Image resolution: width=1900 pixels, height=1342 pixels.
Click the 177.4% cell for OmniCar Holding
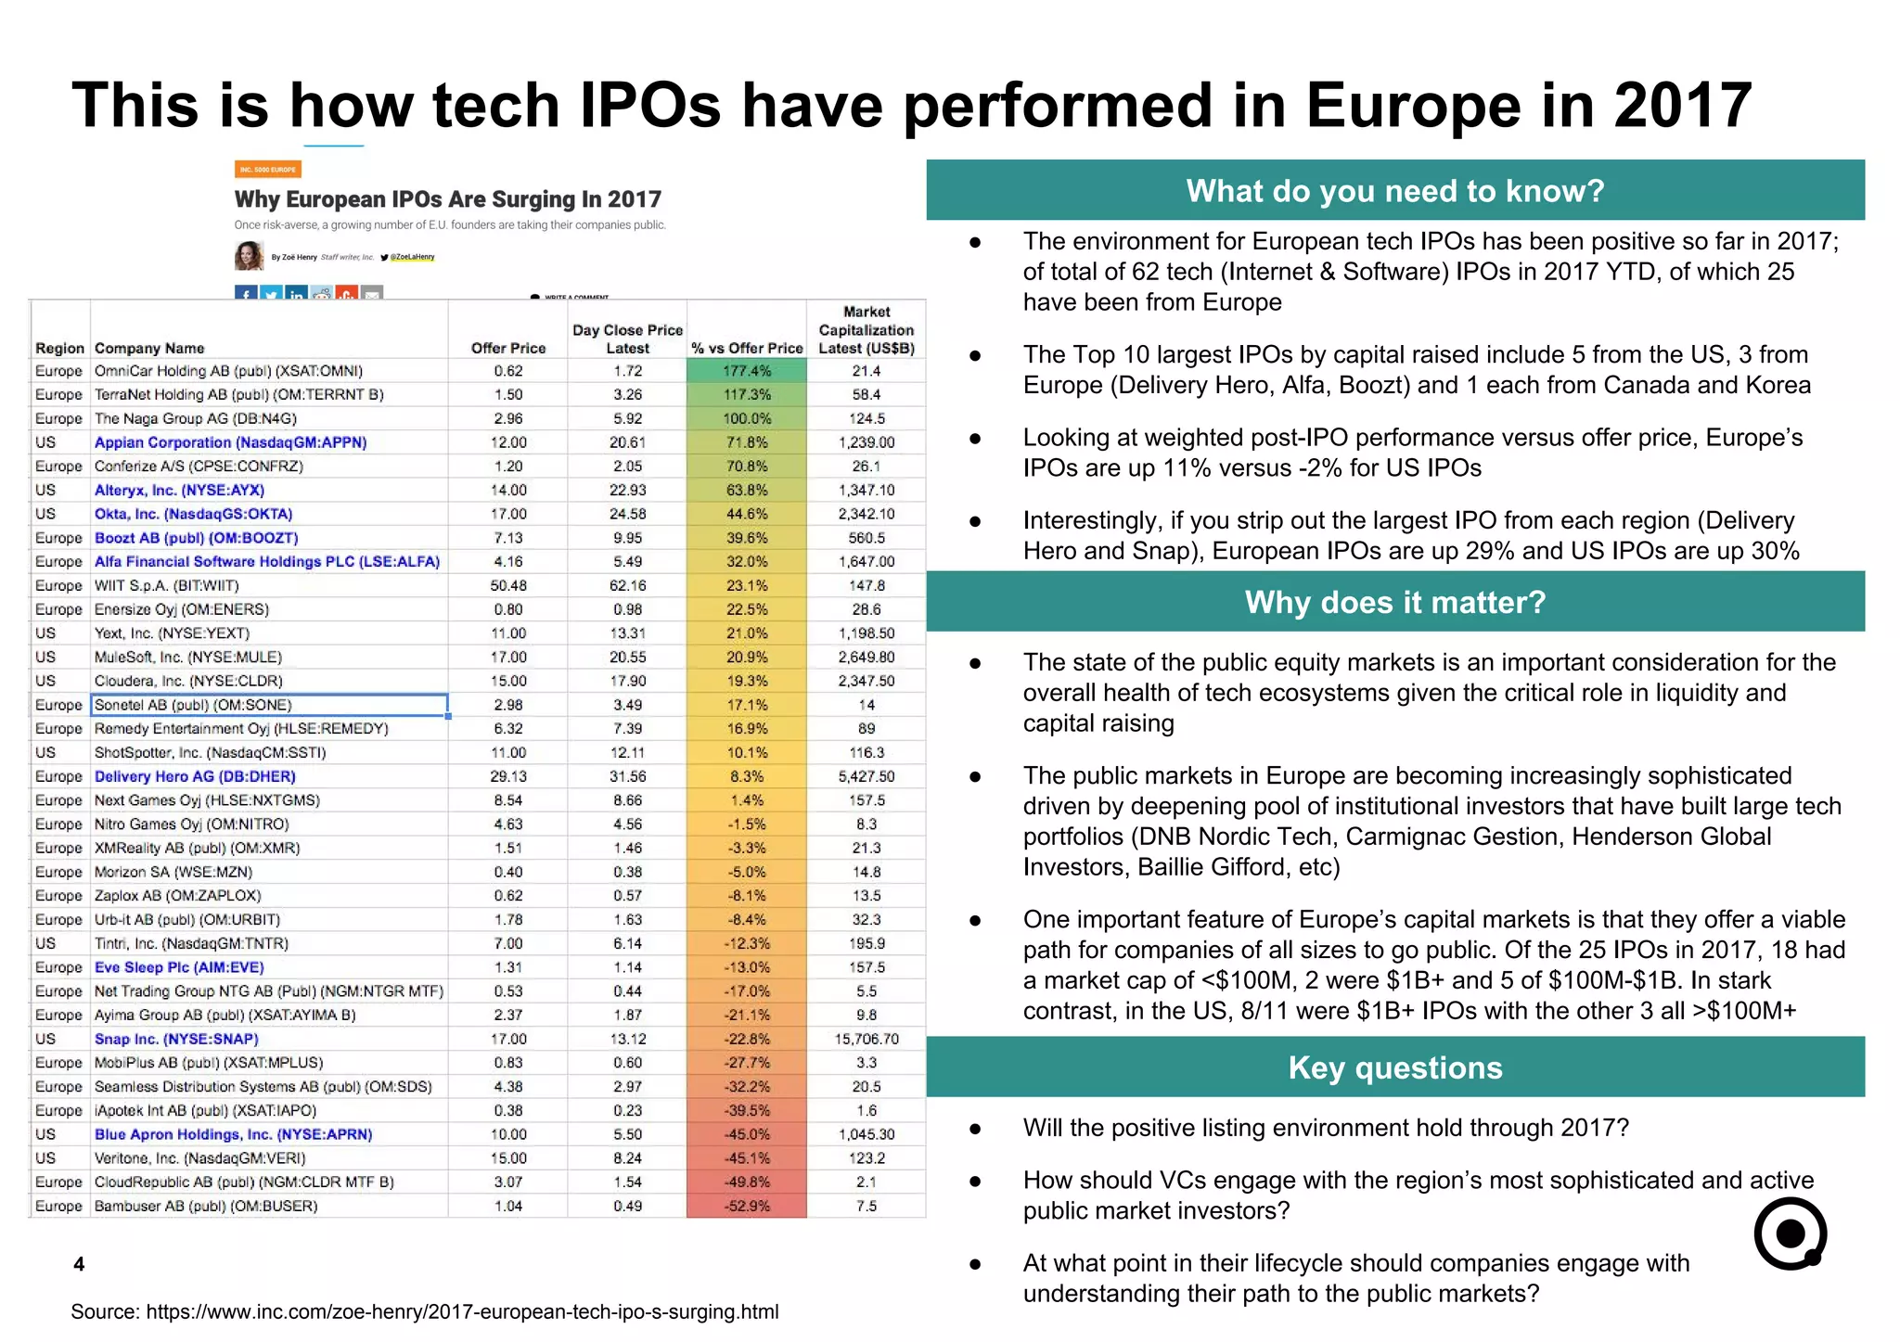coord(747,371)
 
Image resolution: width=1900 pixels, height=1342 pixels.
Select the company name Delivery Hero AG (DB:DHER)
coord(195,776)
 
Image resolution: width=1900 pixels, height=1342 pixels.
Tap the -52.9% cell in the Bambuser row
coord(747,1206)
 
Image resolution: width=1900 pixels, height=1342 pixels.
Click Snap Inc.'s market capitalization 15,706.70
coord(867,1039)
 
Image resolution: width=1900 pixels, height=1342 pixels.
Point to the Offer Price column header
coord(508,348)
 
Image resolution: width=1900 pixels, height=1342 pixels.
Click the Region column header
coord(59,348)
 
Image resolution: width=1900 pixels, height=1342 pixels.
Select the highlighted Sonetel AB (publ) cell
coord(269,705)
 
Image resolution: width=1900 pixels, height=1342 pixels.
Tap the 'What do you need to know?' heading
coord(1394,190)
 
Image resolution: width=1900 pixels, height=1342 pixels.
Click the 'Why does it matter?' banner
coord(1394,602)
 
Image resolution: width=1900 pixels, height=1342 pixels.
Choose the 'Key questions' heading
coord(1394,1067)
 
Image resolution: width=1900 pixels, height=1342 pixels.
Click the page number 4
coord(79,1264)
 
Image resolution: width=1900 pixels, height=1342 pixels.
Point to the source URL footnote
coord(425,1311)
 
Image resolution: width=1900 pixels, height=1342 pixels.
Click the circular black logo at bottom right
coord(1790,1233)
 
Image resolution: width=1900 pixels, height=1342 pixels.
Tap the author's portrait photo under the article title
coord(249,256)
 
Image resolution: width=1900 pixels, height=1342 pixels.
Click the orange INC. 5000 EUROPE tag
coord(267,169)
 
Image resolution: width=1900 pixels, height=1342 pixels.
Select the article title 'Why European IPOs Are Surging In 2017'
coord(448,199)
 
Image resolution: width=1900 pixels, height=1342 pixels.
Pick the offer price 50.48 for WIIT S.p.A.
coord(508,585)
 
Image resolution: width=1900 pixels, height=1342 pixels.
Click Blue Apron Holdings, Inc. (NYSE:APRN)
coord(233,1134)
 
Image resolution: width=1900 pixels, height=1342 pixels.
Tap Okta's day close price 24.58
coord(627,514)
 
